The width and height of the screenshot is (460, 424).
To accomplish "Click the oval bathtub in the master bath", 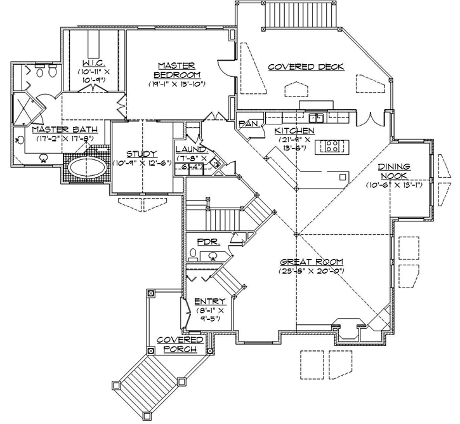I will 88,168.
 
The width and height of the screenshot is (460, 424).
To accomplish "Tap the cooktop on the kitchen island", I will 331,147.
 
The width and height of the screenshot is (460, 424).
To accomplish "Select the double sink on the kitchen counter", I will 315,117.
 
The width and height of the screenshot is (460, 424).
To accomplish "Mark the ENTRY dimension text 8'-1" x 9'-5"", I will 207,315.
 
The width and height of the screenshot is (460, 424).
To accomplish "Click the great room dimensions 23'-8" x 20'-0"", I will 310,271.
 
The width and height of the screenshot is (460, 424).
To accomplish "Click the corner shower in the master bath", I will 26,107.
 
